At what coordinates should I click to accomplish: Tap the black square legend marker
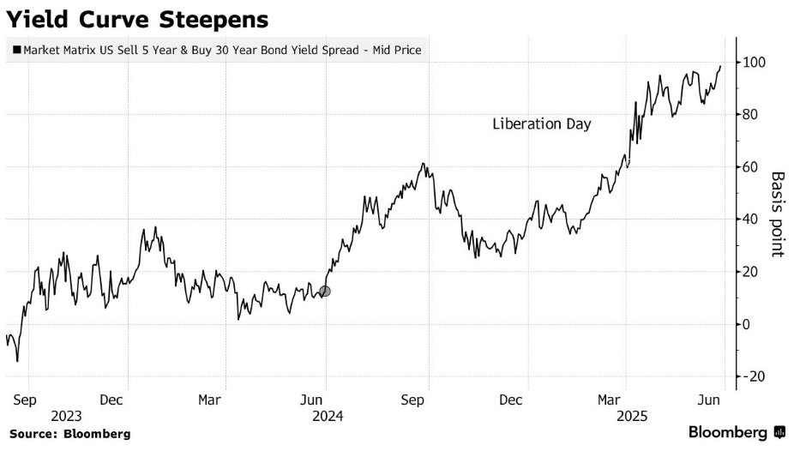(17, 51)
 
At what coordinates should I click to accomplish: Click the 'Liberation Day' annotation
(542, 124)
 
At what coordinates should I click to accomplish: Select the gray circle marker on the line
(324, 292)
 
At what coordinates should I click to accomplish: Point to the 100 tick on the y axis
(755, 63)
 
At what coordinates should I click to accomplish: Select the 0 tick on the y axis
(748, 324)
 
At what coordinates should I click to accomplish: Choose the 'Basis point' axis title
(777, 213)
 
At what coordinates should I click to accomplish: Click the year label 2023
(67, 417)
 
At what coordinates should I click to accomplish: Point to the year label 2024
(328, 417)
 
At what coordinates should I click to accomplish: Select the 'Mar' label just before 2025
(609, 400)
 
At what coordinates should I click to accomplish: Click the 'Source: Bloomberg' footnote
(70, 434)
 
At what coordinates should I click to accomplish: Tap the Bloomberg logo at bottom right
(737, 433)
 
